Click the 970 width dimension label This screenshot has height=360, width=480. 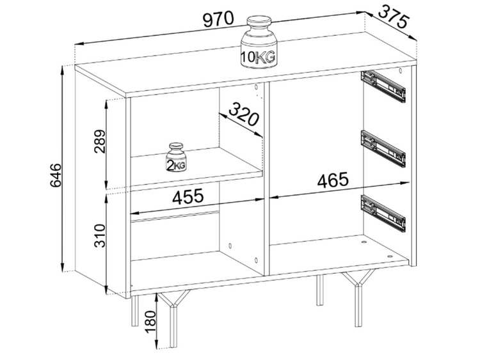[x=218, y=19]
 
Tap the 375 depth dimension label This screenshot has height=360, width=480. [x=394, y=17]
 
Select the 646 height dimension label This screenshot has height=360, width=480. [x=56, y=175]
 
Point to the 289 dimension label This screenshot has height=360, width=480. [x=100, y=141]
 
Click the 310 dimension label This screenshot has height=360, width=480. [x=100, y=235]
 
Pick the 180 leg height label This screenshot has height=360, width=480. [x=150, y=322]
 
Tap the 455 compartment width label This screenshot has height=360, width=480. [x=188, y=196]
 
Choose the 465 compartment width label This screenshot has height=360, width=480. [x=333, y=180]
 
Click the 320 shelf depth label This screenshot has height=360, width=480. [x=244, y=114]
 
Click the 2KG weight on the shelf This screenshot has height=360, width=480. [x=176, y=157]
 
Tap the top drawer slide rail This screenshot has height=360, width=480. [x=383, y=86]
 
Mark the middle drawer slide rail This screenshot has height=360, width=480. [x=383, y=148]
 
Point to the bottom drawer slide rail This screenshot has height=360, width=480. [x=383, y=212]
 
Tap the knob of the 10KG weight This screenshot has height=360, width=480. [x=259, y=23]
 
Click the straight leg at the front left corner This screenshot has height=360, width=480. [x=135, y=311]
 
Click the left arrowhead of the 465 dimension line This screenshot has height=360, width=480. [x=273, y=197]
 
